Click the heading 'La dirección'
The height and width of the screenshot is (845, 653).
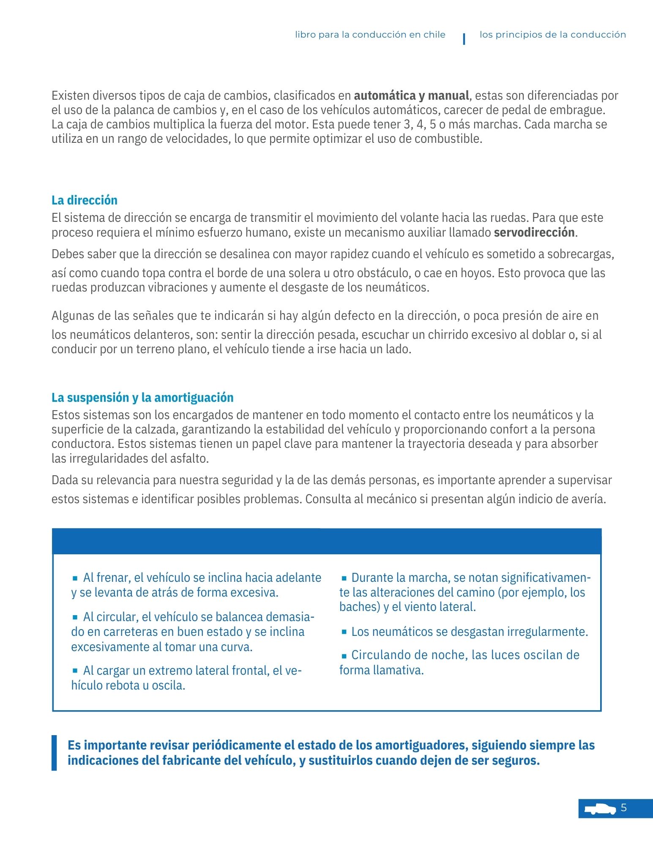[85, 200]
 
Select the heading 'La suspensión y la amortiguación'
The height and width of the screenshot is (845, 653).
[142, 398]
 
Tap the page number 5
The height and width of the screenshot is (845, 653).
[623, 808]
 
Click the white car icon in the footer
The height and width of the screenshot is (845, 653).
[600, 808]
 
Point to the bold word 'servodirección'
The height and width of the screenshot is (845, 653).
[534, 232]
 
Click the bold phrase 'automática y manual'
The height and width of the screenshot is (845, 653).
[412, 95]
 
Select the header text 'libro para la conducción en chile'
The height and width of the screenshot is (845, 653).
[370, 35]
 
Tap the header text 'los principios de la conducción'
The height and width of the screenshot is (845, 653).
[552, 35]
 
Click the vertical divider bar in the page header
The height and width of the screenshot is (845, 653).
[464, 39]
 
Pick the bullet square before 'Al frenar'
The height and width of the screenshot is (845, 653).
[75, 578]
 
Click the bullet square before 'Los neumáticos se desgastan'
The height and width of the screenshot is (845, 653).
[344, 632]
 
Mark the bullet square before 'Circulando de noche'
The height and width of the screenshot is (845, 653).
[344, 656]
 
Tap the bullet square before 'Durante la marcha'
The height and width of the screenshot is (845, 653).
[344, 578]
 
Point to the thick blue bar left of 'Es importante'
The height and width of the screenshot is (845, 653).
[54, 753]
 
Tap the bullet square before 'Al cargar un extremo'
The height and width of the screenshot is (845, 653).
[75, 671]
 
